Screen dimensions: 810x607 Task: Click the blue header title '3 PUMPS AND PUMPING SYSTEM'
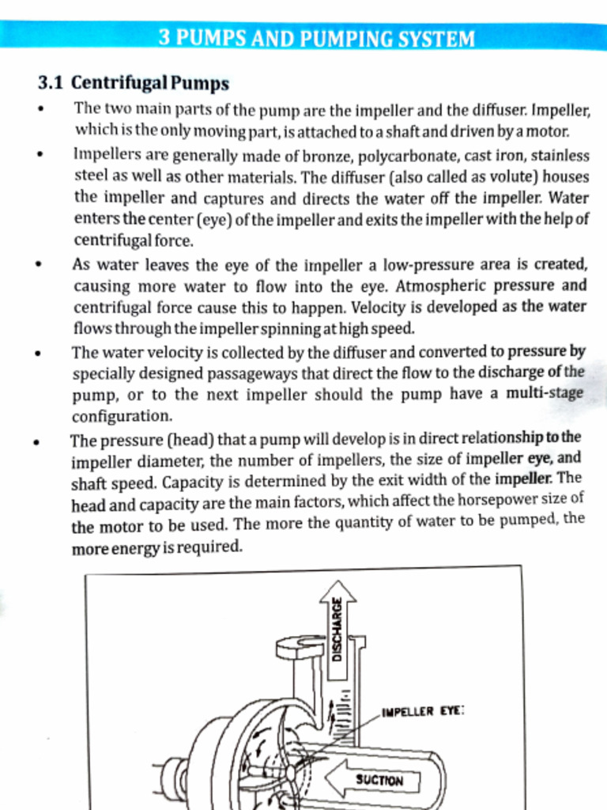pos(316,38)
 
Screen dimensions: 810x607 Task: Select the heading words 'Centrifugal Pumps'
pos(150,83)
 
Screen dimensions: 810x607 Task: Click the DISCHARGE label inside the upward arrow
pos(337,628)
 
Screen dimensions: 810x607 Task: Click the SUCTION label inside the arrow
pos(379,780)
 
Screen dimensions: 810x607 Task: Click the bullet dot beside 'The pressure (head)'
pos(37,443)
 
